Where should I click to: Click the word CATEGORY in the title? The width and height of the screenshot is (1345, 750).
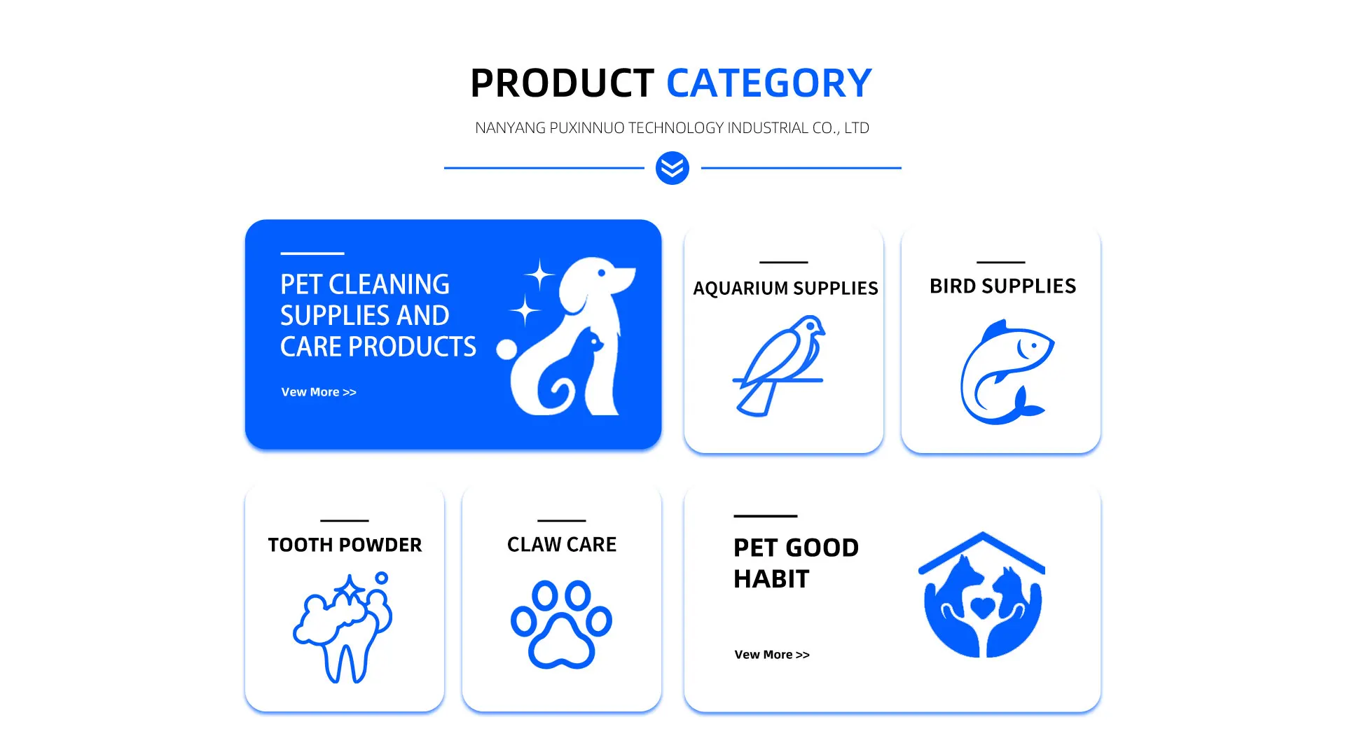[x=768, y=83]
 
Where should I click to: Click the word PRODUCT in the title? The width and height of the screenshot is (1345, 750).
[x=562, y=83]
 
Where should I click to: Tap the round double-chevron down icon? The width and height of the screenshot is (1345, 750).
[x=672, y=168]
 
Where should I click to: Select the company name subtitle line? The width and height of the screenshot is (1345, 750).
[x=672, y=128]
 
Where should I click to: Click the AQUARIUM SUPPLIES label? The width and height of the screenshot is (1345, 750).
[x=785, y=289]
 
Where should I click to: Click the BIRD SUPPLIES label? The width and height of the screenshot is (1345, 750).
[x=1002, y=286]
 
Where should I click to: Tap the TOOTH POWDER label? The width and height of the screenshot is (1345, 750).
[x=345, y=545]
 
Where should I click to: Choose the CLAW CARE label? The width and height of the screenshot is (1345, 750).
[x=562, y=545]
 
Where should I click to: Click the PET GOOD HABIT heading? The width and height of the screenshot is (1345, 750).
[x=796, y=563]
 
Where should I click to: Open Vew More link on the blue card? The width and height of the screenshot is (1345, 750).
[x=319, y=392]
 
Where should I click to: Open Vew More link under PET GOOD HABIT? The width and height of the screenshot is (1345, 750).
[x=772, y=655]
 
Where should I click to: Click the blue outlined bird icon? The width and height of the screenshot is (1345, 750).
[x=779, y=366]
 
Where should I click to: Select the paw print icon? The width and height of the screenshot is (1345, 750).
[x=561, y=624]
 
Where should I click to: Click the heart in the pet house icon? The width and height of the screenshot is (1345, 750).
[x=983, y=607]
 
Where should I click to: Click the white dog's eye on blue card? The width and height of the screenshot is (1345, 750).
[x=601, y=272]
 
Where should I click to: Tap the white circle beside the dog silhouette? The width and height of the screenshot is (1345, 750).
[x=506, y=349]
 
